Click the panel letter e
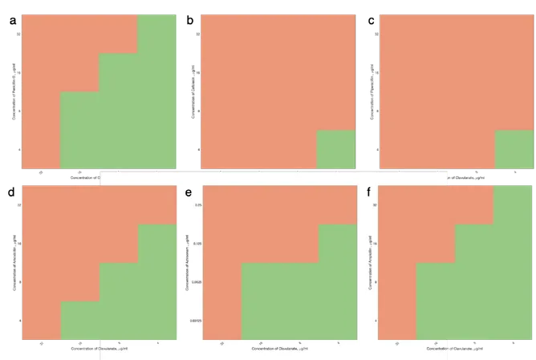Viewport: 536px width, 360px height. [x=189, y=193]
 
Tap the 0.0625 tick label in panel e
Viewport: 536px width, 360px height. [x=196, y=282]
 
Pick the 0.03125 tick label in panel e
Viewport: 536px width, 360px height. [x=195, y=321]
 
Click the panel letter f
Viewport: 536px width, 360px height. [x=368, y=193]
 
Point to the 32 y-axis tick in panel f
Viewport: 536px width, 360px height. [x=375, y=205]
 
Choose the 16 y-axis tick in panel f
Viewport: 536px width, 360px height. [x=375, y=244]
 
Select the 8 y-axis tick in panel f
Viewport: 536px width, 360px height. [x=375, y=282]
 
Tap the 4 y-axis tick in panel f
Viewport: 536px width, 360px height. [x=375, y=321]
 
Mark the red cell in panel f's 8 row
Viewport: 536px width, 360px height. [x=397, y=282]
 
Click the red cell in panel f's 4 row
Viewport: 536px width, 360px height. [x=397, y=321]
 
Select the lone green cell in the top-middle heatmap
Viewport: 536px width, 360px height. [x=336, y=149]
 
